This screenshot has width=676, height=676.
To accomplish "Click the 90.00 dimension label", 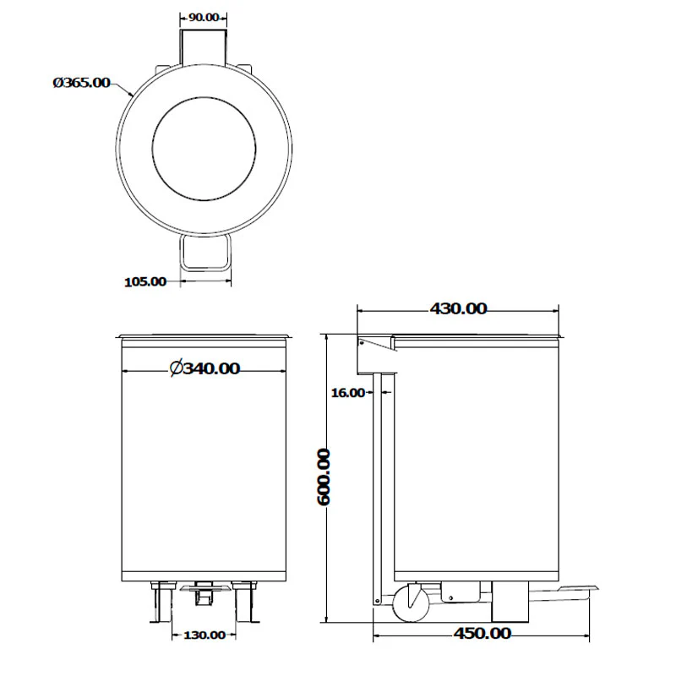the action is tap(204, 17).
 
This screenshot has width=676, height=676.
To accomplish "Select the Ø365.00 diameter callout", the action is tap(81, 82).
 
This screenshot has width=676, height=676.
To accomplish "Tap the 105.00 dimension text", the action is tap(145, 281).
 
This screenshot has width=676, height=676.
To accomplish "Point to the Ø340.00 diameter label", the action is tap(204, 368).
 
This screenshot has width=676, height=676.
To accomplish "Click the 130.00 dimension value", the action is tap(204, 635).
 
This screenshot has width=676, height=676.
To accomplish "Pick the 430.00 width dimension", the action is tap(458, 308).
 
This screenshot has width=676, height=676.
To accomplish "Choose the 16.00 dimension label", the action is tap(347, 393).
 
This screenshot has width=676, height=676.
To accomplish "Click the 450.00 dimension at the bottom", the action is tap(482, 633).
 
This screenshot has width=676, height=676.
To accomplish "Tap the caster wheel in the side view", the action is tap(411, 602).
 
